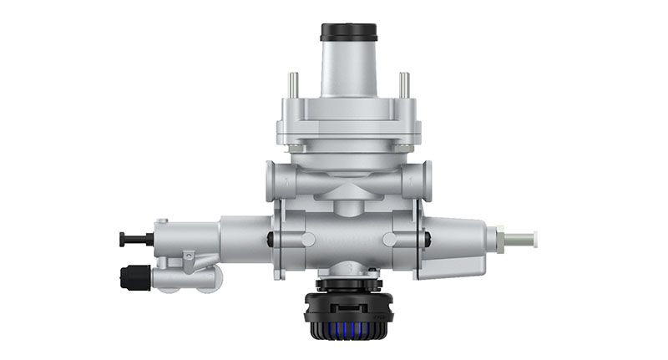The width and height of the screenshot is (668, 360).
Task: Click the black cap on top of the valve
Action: pyautogui.click(x=348, y=31)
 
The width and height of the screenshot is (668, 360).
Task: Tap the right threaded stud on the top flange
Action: pyautogui.click(x=403, y=84)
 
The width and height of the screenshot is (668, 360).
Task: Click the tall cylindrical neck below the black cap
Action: pyautogui.click(x=348, y=67)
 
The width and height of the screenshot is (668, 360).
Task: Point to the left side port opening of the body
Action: pyautogui.click(x=273, y=178)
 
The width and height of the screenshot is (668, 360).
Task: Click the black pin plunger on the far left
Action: pyautogui.click(x=133, y=239)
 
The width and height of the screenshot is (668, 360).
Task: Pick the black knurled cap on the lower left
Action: pyautogui.click(x=134, y=276)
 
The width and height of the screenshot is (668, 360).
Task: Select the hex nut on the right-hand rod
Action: pyautogui.click(x=497, y=240)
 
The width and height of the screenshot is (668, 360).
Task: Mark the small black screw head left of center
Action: pyautogui.click(x=269, y=240)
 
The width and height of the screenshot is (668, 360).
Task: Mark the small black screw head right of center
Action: pyautogui.click(x=428, y=240)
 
